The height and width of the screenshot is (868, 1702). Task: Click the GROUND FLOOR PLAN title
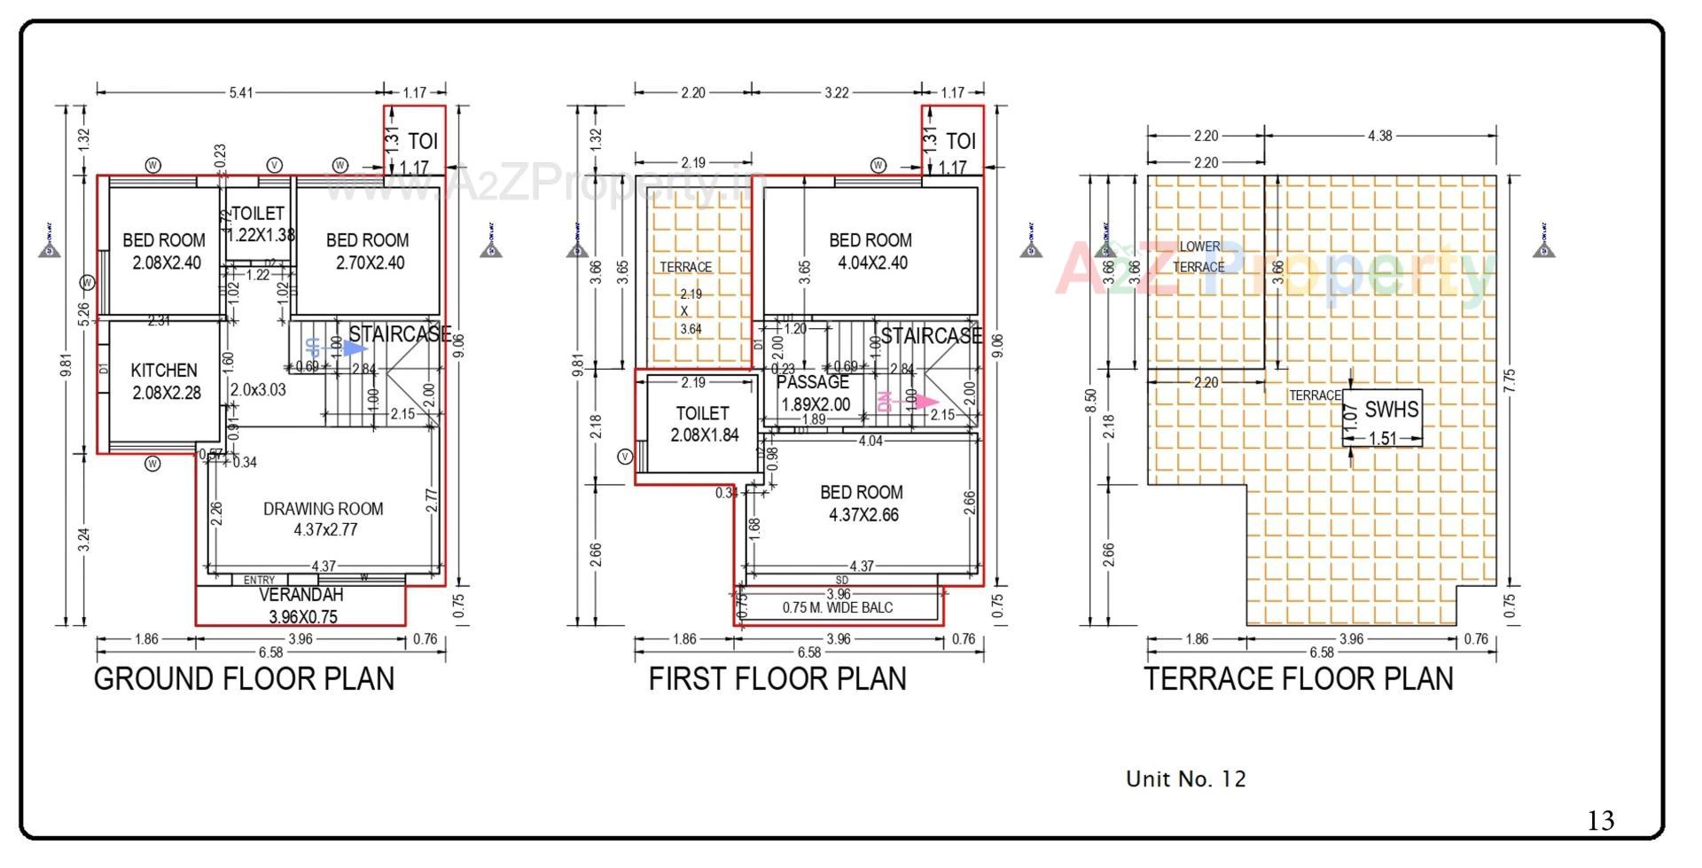point(244,679)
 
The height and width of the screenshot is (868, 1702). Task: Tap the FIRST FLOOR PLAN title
point(777,679)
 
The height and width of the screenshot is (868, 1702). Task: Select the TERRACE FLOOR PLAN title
point(1299,679)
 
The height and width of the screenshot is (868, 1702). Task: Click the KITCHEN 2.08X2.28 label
point(166,381)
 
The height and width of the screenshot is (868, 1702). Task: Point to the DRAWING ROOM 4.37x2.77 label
point(324,519)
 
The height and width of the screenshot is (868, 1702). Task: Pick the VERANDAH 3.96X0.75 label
point(301,606)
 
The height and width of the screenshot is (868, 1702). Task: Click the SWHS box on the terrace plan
point(1383,418)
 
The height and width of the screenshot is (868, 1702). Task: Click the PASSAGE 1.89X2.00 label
point(814,393)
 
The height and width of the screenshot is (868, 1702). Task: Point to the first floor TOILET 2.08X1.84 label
point(703,424)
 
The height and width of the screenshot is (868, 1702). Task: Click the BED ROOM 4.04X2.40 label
point(871,251)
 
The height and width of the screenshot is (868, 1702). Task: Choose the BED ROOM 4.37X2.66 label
point(862,503)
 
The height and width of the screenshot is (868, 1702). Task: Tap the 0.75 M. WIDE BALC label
point(838,607)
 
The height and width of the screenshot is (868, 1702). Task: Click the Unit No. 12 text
point(1185,779)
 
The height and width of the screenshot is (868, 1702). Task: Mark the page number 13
point(1601,820)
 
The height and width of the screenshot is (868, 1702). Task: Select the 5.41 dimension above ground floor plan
point(241,92)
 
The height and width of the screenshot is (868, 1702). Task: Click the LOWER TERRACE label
point(1198,256)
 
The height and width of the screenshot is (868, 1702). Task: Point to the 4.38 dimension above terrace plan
point(1379,136)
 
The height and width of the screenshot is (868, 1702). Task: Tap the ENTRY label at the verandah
point(259,580)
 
